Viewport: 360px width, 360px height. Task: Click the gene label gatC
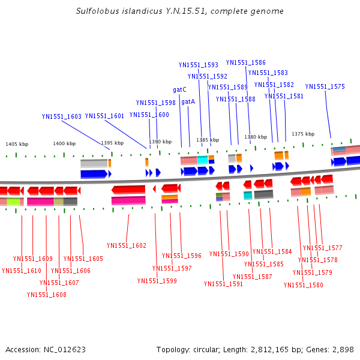pyautogui.click(x=179, y=89)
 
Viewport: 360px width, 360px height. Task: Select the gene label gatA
pyautogui.click(x=188, y=102)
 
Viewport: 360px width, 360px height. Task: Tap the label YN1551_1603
pyautogui.click(x=62, y=116)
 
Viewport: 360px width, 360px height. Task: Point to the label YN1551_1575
pyautogui.click(x=325, y=86)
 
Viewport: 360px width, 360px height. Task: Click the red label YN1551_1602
pyautogui.click(x=127, y=245)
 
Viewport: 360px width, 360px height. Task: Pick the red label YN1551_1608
pyautogui.click(x=47, y=295)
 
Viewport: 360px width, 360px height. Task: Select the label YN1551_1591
pyautogui.click(x=223, y=284)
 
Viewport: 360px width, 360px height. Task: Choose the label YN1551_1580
pyautogui.click(x=303, y=285)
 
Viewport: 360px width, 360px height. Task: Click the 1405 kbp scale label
pyautogui.click(x=17, y=144)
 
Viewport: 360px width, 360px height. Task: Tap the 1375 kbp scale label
pyautogui.click(x=303, y=134)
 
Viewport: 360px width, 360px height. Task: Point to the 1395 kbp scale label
pyautogui.click(x=112, y=143)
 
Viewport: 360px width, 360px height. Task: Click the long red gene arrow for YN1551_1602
pyautogui.click(x=128, y=190)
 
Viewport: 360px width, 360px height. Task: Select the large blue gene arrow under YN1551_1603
pyautogui.click(x=94, y=174)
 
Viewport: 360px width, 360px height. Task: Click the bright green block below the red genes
pyautogui.click(x=13, y=202)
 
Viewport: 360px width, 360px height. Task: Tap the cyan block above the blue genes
pyautogui.click(x=203, y=160)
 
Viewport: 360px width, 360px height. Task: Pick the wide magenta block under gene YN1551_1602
pyautogui.click(x=128, y=200)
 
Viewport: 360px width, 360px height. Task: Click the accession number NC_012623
pyautogui.click(x=65, y=350)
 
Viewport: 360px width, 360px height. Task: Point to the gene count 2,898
pyautogui.click(x=343, y=350)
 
